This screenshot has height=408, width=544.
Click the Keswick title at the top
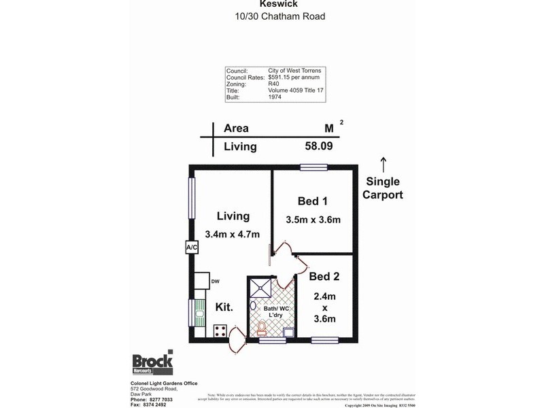(272, 3)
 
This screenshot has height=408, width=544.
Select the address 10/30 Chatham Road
(272, 16)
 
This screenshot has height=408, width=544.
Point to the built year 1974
(275, 98)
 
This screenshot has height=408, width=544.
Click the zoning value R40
(275, 84)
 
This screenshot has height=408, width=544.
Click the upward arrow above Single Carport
(383, 164)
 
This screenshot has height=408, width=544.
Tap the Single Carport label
(384, 188)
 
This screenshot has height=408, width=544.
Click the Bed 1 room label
(313, 201)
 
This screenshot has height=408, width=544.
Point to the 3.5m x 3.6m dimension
(313, 220)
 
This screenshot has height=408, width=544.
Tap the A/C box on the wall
(191, 248)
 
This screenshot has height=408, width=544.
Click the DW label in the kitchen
(215, 281)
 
